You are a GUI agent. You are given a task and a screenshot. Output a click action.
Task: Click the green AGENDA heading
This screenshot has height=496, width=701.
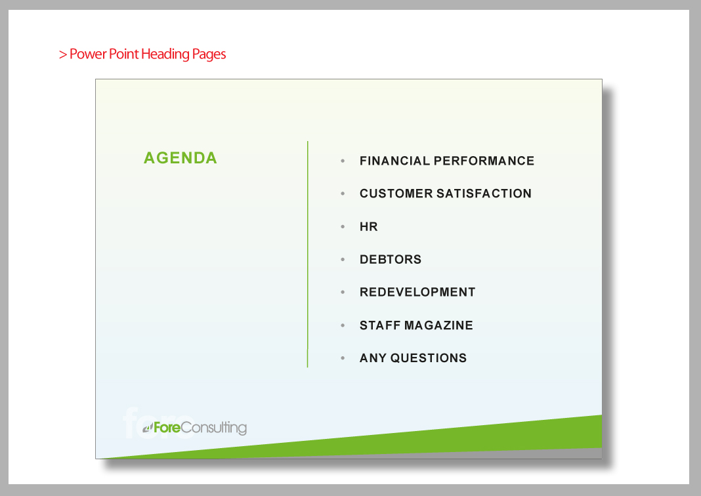tap(180, 157)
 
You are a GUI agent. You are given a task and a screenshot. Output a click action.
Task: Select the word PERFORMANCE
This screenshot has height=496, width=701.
tap(484, 161)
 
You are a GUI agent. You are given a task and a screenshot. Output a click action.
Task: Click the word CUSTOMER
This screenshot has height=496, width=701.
tap(396, 194)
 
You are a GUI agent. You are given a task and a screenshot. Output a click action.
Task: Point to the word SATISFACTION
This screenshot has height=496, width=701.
tap(484, 194)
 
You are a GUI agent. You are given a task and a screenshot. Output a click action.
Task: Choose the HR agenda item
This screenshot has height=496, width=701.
tap(369, 226)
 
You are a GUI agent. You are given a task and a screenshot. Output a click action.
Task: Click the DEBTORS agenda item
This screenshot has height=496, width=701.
tap(391, 259)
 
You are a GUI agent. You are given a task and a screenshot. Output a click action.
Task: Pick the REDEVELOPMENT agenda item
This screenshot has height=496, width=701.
tap(417, 292)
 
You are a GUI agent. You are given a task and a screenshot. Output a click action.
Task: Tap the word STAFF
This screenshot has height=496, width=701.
tap(380, 325)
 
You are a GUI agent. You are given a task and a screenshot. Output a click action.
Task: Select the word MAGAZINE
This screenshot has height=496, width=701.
tap(438, 325)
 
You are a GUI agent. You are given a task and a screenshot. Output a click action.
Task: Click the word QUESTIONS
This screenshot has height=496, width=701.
tap(429, 358)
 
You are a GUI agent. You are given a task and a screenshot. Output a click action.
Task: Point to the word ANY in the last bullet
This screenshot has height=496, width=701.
tap(373, 358)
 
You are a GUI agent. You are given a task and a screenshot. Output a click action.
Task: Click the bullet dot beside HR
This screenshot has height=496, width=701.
tap(343, 226)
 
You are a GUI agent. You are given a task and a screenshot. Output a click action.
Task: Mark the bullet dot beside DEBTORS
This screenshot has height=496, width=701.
tap(343, 259)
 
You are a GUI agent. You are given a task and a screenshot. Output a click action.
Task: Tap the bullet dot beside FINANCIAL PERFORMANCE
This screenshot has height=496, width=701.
tap(343, 161)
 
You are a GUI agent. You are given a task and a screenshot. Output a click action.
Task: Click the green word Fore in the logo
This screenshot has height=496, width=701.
tap(167, 428)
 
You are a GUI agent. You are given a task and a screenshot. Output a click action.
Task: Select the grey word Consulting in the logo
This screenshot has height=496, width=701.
tap(214, 428)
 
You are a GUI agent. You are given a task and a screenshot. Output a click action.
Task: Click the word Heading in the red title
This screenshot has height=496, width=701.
tap(165, 54)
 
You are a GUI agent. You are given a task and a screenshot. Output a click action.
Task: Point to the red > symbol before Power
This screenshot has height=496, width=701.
tap(62, 54)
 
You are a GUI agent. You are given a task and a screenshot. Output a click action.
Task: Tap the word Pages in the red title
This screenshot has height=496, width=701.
tap(209, 54)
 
